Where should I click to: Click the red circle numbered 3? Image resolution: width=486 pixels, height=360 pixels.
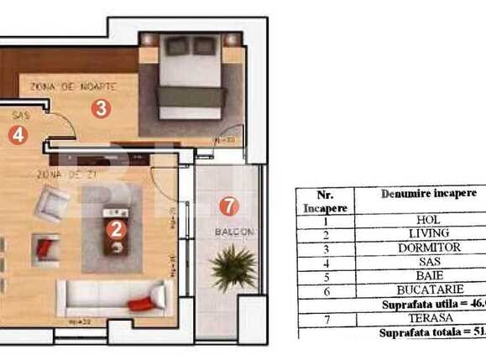click(101, 107)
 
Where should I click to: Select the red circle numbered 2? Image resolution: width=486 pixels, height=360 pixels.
click(117, 226)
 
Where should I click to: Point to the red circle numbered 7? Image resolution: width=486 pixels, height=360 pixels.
click(224, 204)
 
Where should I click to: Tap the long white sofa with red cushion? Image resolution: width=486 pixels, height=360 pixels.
click(109, 296)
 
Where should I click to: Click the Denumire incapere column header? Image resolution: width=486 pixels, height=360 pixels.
click(428, 194)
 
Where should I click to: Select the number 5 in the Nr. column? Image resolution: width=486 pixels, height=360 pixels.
click(326, 275)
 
